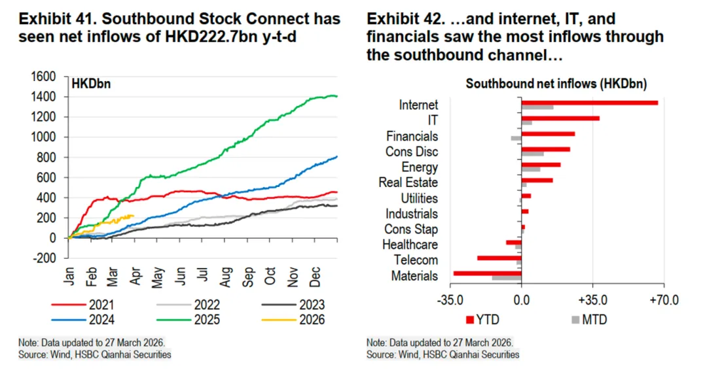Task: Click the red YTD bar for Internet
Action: coord(589,103)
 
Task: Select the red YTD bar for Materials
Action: coord(487,273)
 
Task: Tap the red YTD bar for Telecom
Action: coord(499,258)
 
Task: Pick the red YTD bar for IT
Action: coord(560,118)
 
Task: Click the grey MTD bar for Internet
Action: coord(537,107)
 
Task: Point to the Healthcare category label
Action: coord(410,245)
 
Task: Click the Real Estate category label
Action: coord(408,183)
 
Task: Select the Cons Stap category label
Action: coord(411,229)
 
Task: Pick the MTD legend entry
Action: coord(589,320)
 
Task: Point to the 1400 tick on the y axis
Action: coord(50,97)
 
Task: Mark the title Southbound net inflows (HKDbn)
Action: coord(556,84)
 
